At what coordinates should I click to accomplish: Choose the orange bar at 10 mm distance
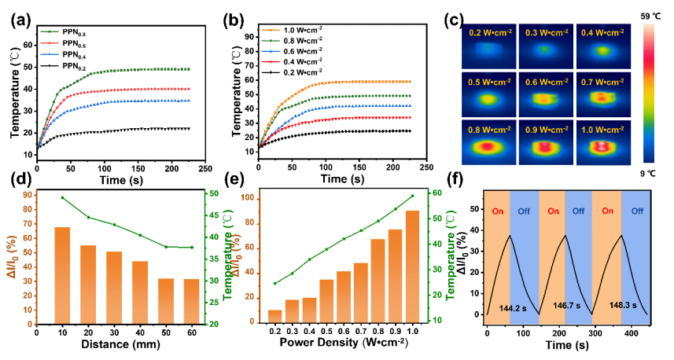(x=62, y=275)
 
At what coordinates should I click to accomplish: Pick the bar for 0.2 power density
(x=274, y=316)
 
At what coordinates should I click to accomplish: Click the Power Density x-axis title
(x=343, y=343)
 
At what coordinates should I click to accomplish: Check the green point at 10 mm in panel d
(x=62, y=197)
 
